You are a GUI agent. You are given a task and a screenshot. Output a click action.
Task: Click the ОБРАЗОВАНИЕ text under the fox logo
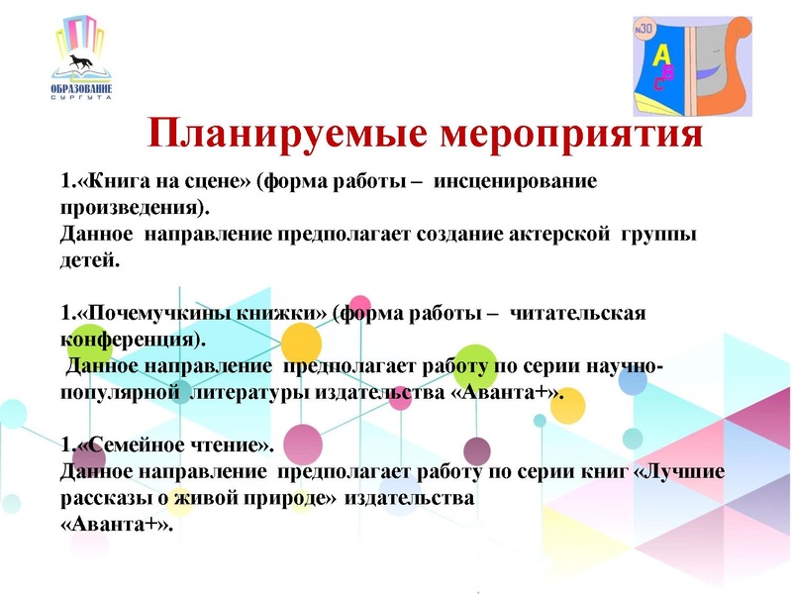coord(81,91)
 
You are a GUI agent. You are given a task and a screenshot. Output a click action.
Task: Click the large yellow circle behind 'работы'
coord(301,345)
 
